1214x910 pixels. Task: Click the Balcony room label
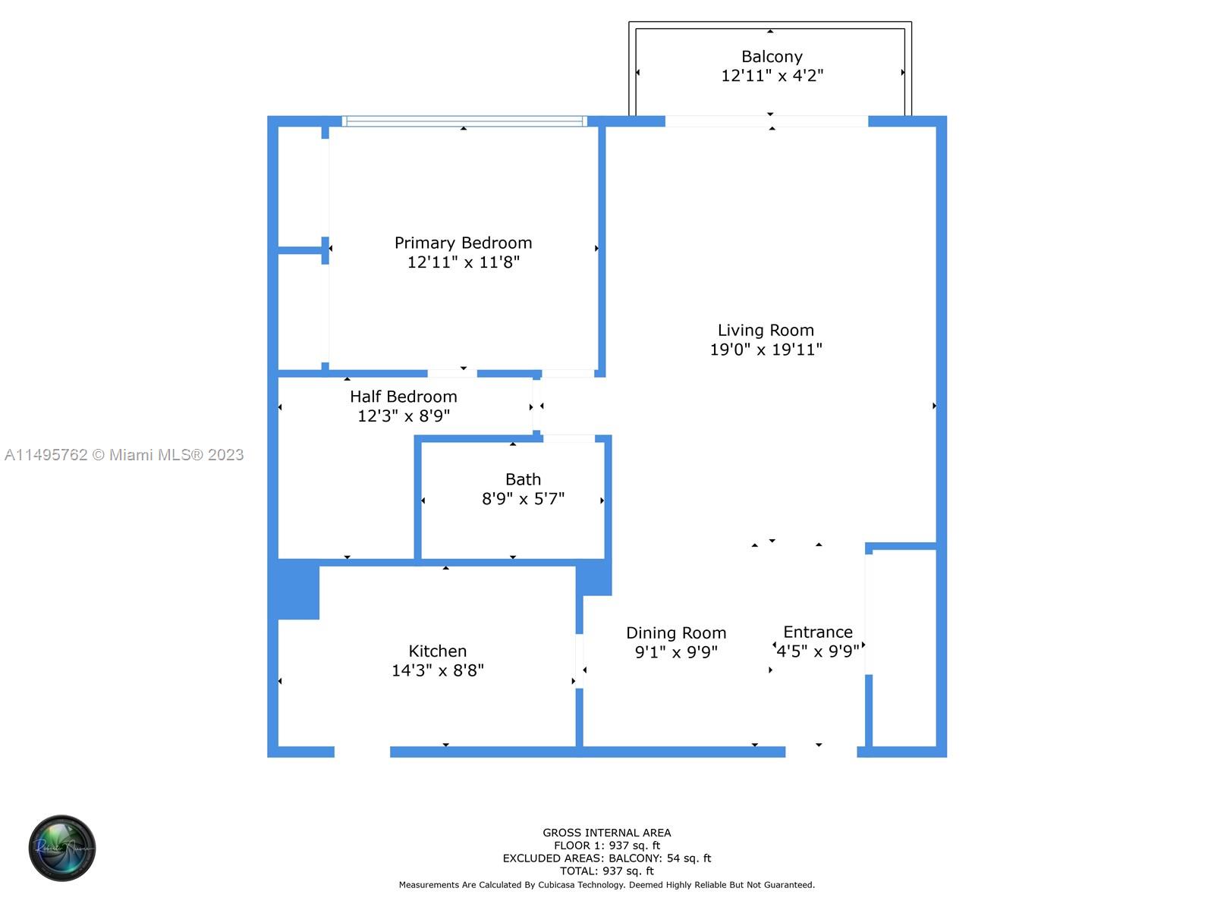pyautogui.click(x=772, y=56)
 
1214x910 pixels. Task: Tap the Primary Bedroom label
pyautogui.click(x=463, y=243)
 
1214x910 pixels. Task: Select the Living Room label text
pyautogui.click(x=766, y=330)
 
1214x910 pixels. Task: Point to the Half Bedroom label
pyautogui.click(x=403, y=396)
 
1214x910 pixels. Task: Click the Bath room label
pyautogui.click(x=523, y=479)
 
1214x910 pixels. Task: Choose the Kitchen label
pyautogui.click(x=438, y=651)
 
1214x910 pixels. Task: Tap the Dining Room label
pyautogui.click(x=676, y=632)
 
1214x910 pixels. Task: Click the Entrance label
pyautogui.click(x=818, y=632)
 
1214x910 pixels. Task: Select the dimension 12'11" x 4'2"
pyautogui.click(x=772, y=76)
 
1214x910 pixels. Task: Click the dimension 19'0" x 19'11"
pyautogui.click(x=766, y=349)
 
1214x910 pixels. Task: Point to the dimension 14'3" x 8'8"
pyautogui.click(x=438, y=670)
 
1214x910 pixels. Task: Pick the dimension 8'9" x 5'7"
pyautogui.click(x=523, y=499)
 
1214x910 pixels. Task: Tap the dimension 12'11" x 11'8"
pyautogui.click(x=463, y=262)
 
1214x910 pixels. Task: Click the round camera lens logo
pyautogui.click(x=62, y=848)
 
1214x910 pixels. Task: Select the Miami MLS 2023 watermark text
pyautogui.click(x=124, y=455)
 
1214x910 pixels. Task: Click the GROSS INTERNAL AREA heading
pyautogui.click(x=607, y=832)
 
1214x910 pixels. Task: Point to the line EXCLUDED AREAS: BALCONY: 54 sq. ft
pyautogui.click(x=607, y=858)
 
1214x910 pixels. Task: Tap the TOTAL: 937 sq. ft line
pyautogui.click(x=607, y=871)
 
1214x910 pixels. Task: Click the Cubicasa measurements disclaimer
pyautogui.click(x=607, y=884)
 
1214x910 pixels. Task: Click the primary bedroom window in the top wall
pyautogui.click(x=464, y=121)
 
